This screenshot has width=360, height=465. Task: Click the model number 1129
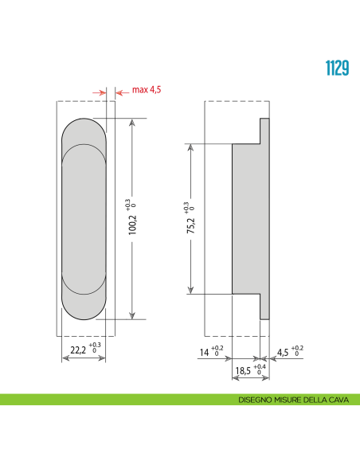tap(336, 67)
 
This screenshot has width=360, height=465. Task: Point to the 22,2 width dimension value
tap(77, 349)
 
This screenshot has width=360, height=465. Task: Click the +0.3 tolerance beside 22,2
tap(96, 346)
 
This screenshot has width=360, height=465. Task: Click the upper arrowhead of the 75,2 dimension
tap(191, 148)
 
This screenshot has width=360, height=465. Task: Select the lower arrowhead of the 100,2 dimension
tap(132, 315)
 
